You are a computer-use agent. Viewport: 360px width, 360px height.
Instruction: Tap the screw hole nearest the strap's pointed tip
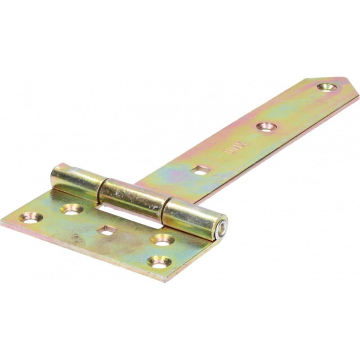point(325,87)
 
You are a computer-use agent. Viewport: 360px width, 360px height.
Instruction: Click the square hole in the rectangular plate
point(107,230)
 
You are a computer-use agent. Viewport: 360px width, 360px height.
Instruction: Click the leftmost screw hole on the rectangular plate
point(31,218)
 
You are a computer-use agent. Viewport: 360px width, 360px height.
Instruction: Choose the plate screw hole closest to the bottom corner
point(159,261)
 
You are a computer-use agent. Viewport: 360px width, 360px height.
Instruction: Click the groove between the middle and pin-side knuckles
point(163,208)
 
